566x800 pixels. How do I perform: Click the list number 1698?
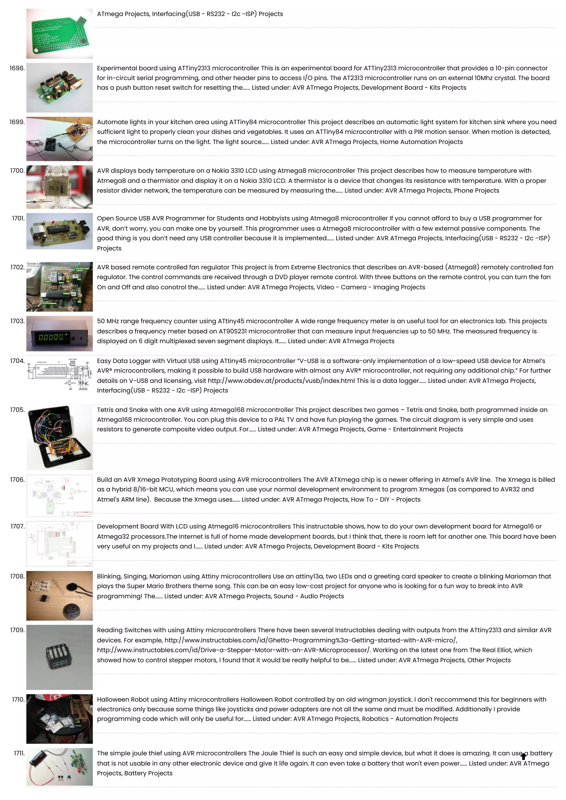pos(17,68)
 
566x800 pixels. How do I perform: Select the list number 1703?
pos(17,321)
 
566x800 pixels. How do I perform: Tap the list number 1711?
pos(19,753)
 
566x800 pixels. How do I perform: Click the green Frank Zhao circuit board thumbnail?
pos(59,34)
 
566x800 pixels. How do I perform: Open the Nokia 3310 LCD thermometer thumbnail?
pos(59,187)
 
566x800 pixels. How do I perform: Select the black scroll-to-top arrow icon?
pos(523,756)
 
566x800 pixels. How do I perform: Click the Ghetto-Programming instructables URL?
pos(310,640)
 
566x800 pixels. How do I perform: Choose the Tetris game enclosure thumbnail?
pos(59,437)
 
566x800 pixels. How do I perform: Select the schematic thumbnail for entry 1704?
pos(59,375)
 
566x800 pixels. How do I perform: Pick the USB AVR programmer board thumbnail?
pos(59,231)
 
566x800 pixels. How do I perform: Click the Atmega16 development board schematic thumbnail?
pos(59,544)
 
